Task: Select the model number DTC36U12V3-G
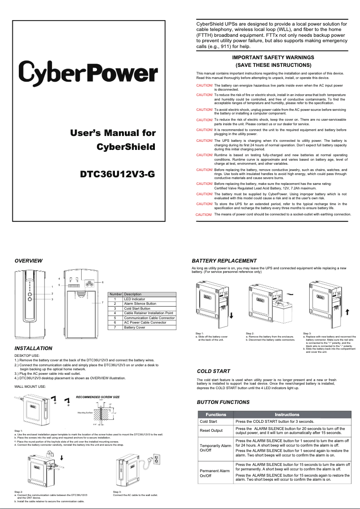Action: (x=117, y=174)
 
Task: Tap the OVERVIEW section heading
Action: (x=28, y=261)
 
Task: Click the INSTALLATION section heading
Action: (x=33, y=348)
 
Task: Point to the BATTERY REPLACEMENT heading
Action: (x=224, y=261)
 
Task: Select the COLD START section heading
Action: (x=213, y=371)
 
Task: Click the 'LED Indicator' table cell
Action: (x=135, y=299)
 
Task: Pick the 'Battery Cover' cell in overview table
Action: (x=135, y=328)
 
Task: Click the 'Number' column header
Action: (x=115, y=294)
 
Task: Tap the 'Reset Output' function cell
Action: (x=211, y=431)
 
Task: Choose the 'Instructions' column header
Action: (x=287, y=414)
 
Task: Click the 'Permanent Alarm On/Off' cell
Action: (x=215, y=473)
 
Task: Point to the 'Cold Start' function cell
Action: (x=208, y=421)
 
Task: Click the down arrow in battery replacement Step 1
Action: (x=231, y=315)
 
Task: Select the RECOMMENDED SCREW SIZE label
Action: (x=98, y=397)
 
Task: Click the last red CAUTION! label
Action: (x=204, y=215)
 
